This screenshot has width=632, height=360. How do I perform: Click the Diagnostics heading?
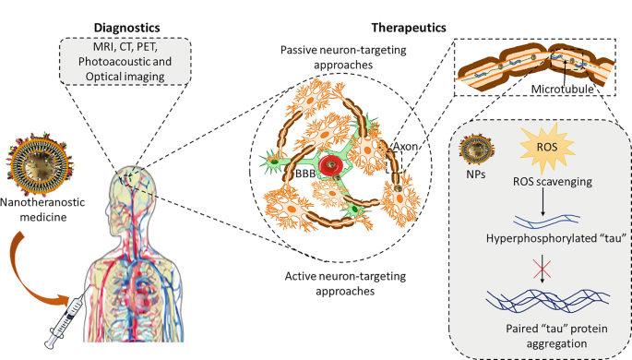coord(127,28)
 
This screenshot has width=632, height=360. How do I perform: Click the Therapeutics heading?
coord(409,28)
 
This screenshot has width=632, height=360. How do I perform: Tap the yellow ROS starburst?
coord(547,148)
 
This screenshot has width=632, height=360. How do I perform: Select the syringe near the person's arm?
coord(66,320)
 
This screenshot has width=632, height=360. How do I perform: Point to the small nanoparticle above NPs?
coord(477,150)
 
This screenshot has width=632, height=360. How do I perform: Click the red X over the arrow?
coord(543,269)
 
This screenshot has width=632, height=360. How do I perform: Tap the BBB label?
coord(305,174)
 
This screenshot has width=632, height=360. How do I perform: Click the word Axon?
coord(405,146)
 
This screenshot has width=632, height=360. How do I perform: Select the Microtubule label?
coord(562,90)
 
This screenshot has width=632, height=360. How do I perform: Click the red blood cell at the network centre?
coord(331,165)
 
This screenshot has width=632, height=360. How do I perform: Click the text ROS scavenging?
coord(553,182)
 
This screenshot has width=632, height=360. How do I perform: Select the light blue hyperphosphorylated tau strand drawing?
coord(546,221)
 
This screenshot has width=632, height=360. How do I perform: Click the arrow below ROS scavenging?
coord(543,201)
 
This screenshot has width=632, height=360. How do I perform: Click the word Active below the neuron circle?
coord(300,276)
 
